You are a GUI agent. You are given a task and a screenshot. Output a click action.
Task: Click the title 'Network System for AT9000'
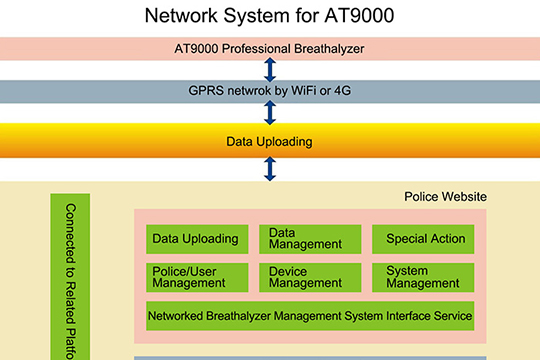269,16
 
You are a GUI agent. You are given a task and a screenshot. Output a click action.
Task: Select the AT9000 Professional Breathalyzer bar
269,49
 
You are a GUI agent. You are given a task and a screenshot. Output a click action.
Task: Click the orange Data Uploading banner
269,141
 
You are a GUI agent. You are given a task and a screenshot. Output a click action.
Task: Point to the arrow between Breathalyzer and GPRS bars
269,70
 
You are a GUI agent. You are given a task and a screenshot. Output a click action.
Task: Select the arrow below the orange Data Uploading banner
269,169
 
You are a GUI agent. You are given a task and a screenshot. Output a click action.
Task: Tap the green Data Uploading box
196,239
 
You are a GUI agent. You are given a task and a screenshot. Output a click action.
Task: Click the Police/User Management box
196,277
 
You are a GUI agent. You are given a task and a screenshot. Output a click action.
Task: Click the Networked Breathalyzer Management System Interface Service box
309,316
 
